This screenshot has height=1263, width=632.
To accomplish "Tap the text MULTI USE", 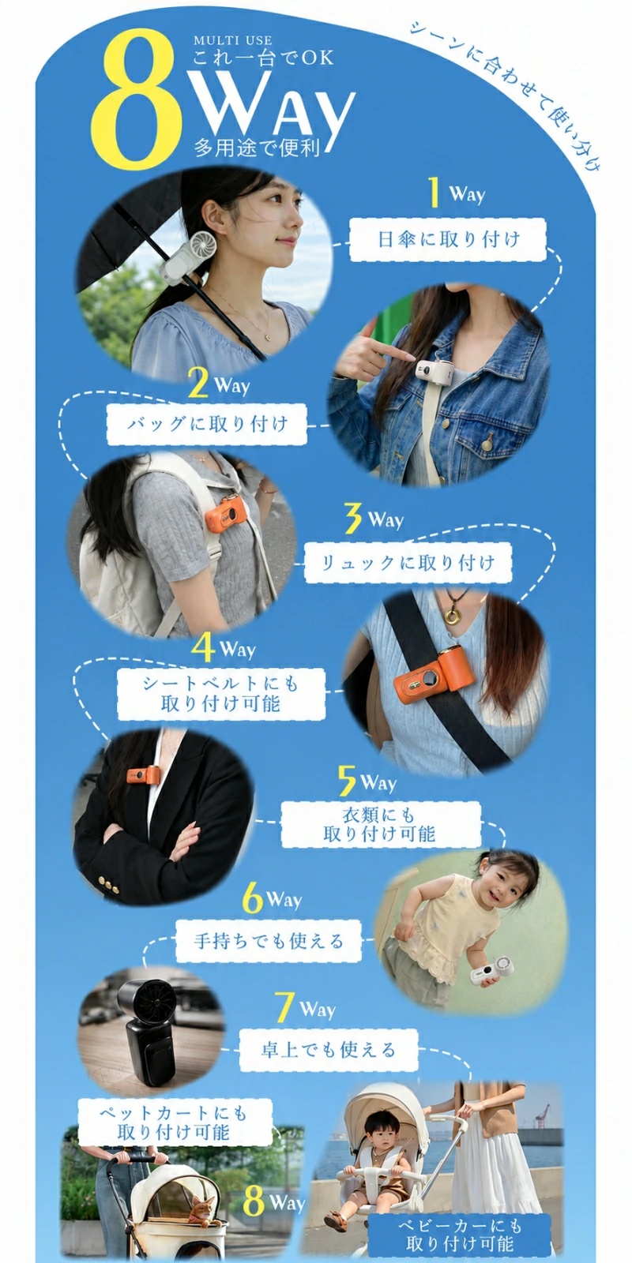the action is [232, 40].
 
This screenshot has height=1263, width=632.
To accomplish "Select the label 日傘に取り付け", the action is [448, 240].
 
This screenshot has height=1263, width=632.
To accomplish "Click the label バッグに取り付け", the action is [206, 423].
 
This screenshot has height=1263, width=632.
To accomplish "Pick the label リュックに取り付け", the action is [408, 562].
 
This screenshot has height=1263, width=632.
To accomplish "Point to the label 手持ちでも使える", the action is [269, 940].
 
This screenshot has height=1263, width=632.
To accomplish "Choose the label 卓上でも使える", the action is [329, 1050].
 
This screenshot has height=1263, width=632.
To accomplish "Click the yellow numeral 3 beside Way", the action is [353, 518].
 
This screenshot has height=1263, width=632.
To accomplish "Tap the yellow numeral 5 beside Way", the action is [347, 781].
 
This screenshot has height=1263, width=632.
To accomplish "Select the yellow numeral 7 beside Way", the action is [285, 1007].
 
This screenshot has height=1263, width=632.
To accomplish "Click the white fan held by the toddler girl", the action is [493, 972].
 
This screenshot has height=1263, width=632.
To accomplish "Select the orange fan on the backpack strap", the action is [226, 516].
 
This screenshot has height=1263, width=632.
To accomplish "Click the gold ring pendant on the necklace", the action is [451, 615].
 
